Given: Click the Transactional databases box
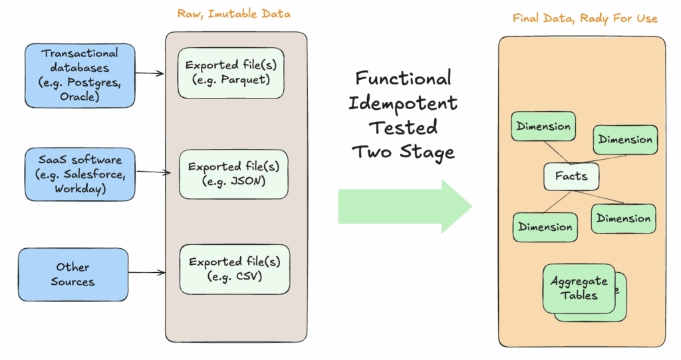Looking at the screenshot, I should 80,75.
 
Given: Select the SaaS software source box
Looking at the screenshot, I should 80,174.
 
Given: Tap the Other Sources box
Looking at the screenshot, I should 72,274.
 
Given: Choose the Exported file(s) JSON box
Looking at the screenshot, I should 233,173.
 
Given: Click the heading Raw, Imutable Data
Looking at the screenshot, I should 233,13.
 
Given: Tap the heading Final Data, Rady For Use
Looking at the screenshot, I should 585,18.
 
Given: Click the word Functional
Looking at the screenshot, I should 403,79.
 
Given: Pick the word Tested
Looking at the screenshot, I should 403,127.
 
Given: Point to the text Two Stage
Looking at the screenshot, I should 403,151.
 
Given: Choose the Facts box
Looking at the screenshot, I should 571,176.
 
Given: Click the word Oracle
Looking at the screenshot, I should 80,97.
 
